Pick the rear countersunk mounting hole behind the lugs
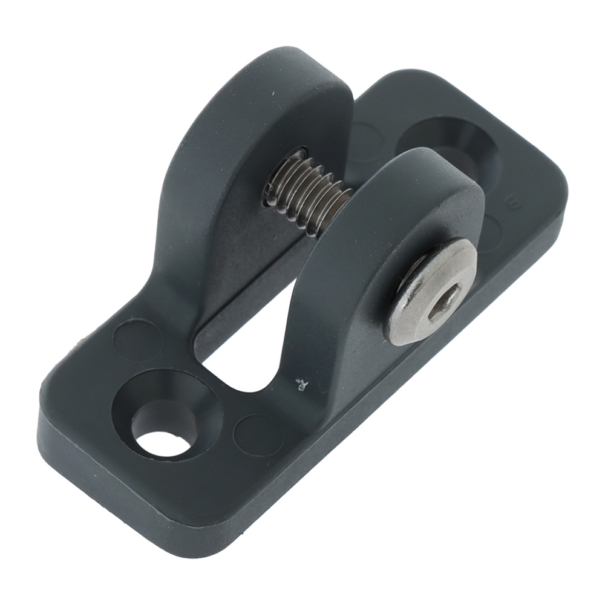[x=451, y=142]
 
